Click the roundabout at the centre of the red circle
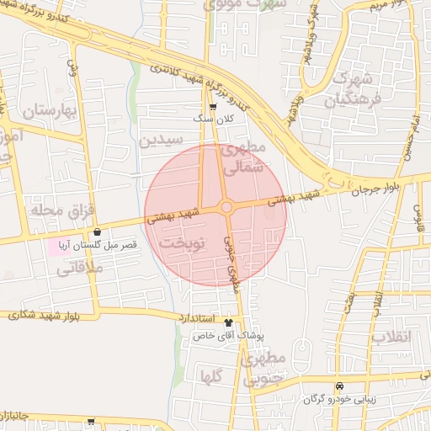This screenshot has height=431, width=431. [226, 207]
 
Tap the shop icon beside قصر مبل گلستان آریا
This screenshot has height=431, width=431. [98, 232]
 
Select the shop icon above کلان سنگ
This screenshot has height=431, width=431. [213, 107]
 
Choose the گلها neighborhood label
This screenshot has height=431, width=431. [211, 376]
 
